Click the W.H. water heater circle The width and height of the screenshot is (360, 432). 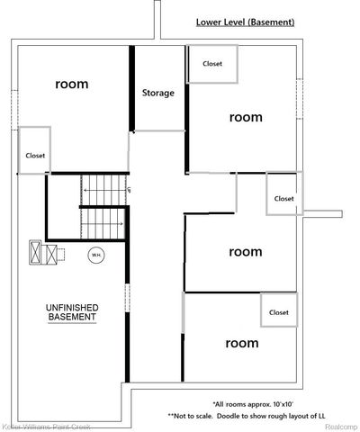point(95,256)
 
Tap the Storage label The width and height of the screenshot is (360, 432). point(158,93)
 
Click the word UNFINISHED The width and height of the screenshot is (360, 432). point(72,309)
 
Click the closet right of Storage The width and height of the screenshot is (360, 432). point(212,64)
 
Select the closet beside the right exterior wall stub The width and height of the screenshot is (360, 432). point(284,198)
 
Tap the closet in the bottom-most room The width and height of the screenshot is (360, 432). point(278,311)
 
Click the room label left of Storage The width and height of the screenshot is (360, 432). point(72,84)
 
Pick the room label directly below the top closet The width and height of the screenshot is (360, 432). point(245,117)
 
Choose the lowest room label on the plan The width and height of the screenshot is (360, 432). point(241,343)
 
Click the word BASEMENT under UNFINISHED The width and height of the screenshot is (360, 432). point(72,319)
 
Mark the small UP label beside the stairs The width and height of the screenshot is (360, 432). point(130,190)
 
